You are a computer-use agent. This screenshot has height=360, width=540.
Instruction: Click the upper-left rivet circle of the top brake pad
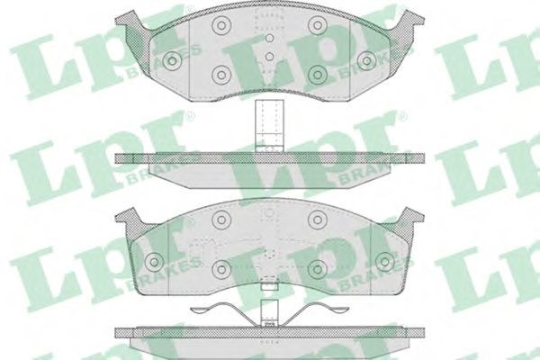pos(220,25)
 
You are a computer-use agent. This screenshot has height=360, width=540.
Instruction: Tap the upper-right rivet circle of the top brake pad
pos(317,25)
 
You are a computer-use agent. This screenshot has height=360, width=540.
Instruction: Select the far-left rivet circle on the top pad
pos(173,61)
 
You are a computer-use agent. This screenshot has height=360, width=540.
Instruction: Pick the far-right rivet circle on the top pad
pos(366,61)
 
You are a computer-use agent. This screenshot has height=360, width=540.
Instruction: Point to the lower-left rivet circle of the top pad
pos(220,75)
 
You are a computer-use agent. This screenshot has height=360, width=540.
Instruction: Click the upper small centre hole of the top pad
pos(270,38)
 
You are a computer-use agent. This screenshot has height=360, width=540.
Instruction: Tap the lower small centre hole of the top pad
pos(270,57)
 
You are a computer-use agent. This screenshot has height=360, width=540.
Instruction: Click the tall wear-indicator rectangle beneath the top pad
pos(269,126)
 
